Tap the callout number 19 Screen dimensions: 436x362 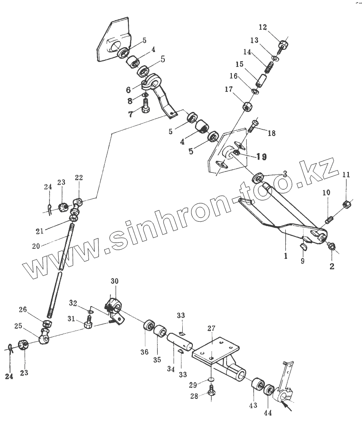[261, 157]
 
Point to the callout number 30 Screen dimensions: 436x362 [114, 281]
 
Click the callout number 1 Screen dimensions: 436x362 [285, 256]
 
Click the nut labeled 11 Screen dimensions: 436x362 [346, 203]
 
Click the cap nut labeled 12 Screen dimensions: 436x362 [283, 45]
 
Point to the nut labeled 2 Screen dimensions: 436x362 [332, 247]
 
